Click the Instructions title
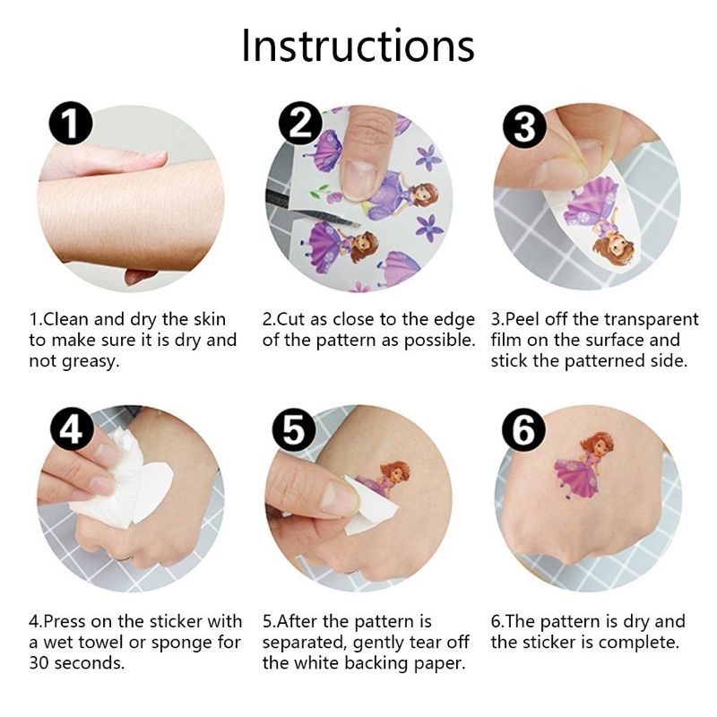(x=358, y=46)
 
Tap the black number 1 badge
(x=71, y=124)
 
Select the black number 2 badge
(x=300, y=123)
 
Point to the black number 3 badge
(x=524, y=126)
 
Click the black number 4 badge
(x=72, y=429)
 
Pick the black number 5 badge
(x=294, y=429)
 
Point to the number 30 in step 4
(x=39, y=663)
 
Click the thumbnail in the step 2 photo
(x=360, y=177)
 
